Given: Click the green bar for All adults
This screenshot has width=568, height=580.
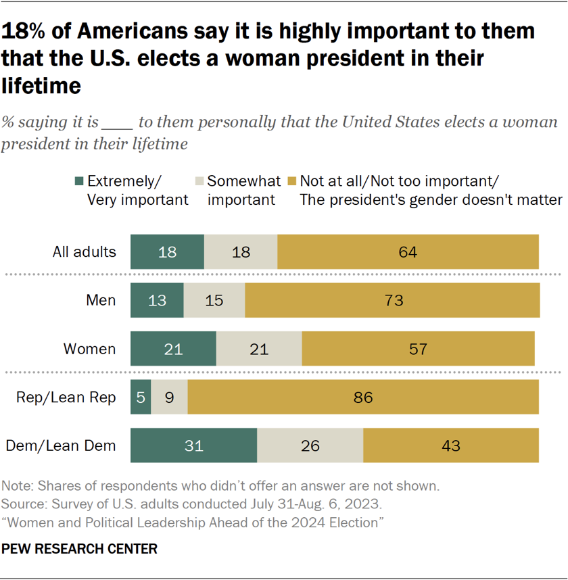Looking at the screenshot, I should [167, 252].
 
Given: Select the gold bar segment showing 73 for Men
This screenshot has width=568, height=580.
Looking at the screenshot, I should [392, 301].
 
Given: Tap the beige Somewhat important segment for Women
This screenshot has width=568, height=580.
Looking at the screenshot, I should [259, 349].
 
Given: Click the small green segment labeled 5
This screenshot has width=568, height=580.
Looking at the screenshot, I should [140, 397].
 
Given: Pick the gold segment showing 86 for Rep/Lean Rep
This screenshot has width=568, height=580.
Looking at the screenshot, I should [363, 397].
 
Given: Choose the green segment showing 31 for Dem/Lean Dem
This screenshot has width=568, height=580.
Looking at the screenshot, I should [193, 446].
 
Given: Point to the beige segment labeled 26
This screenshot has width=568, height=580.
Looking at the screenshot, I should [310, 446].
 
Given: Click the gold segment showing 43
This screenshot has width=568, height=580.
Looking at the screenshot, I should [450, 446].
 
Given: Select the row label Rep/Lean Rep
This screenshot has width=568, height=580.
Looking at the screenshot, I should [66, 397].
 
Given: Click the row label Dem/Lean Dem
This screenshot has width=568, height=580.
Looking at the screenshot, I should [61, 446].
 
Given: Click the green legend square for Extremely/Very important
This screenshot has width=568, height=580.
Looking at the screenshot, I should [79, 181].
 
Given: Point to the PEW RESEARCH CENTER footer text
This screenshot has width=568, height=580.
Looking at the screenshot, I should [80, 549].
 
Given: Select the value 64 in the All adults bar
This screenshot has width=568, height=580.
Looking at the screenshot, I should [408, 252].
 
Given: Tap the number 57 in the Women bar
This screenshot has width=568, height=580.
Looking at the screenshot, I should [418, 349].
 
